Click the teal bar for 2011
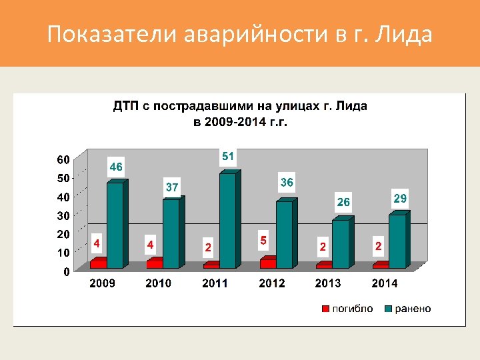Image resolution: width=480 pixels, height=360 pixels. [x=227, y=220]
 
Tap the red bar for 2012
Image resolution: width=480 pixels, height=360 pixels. [x=267, y=263]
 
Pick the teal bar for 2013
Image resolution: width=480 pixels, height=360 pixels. [x=340, y=243]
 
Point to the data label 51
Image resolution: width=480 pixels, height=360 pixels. [x=228, y=157]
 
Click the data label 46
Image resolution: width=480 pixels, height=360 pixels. [x=116, y=167]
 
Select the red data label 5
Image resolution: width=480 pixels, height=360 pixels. [x=264, y=239]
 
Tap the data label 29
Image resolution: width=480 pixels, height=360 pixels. [x=400, y=199]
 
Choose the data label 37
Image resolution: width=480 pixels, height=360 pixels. [x=172, y=187]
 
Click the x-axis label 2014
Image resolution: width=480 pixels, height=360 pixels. [x=385, y=283]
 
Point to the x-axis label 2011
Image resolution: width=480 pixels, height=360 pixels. [x=215, y=283]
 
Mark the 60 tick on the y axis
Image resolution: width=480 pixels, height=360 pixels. [x=62, y=159]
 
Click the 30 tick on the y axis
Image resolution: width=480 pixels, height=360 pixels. [x=62, y=215]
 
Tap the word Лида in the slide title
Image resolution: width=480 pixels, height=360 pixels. [x=403, y=34]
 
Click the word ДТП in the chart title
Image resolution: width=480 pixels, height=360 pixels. [x=125, y=106]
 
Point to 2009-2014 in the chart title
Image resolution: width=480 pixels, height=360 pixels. [x=229, y=122]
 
